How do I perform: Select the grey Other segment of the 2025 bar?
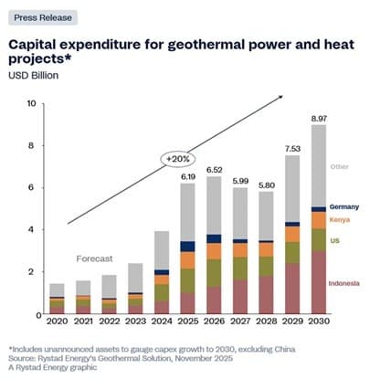coord(187,212)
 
